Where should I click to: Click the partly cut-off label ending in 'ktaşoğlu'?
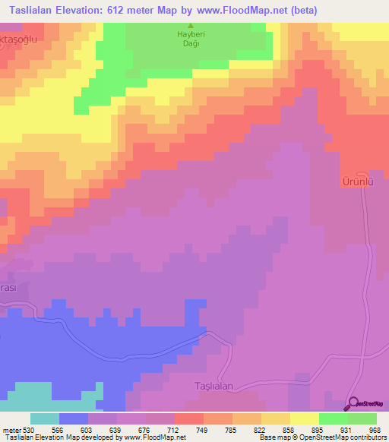point(18,36)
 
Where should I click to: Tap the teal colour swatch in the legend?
point(45,418)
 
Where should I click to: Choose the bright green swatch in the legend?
point(334,418)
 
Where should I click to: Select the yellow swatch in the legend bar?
point(305,418)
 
